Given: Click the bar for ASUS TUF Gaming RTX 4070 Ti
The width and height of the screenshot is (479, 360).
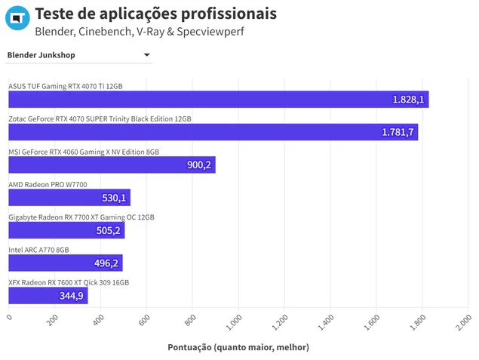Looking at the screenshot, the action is click(x=219, y=100).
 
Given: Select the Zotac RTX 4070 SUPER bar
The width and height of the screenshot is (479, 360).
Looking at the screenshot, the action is click(x=213, y=132).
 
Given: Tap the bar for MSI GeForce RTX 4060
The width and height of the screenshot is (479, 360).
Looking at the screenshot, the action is click(x=112, y=165).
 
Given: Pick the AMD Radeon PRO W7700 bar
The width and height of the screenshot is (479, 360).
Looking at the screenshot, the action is click(x=69, y=198).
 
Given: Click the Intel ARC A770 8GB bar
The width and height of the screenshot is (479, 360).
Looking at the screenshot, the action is click(x=66, y=263).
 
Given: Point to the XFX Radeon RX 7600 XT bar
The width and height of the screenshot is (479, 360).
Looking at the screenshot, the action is click(x=48, y=296).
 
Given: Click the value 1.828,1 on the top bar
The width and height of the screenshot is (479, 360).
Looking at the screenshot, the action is click(x=408, y=100).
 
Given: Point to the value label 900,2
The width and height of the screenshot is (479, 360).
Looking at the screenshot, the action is click(x=199, y=165).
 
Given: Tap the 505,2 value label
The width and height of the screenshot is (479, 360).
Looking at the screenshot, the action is click(x=108, y=230).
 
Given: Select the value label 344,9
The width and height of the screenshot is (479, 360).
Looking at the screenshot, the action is click(x=71, y=296).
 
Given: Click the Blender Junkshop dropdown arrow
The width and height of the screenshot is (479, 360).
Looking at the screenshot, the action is click(x=146, y=54).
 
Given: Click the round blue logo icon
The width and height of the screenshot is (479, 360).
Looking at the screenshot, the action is click(x=17, y=17).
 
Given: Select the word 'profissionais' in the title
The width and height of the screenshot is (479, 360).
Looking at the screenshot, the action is click(x=229, y=14).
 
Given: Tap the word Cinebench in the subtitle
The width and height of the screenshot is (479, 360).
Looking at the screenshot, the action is click(x=105, y=32).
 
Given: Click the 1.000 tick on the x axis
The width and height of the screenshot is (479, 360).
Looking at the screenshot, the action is click(x=234, y=323).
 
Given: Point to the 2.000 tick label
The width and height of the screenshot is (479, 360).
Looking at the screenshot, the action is click(x=464, y=323).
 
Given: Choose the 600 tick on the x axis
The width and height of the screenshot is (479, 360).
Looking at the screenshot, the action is click(x=144, y=320).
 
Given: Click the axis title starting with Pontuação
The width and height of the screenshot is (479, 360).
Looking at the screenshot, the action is click(x=238, y=347).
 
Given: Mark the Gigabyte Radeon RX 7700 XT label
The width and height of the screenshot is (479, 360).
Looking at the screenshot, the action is click(x=81, y=217).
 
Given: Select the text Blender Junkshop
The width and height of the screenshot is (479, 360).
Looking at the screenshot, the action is click(x=41, y=55).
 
